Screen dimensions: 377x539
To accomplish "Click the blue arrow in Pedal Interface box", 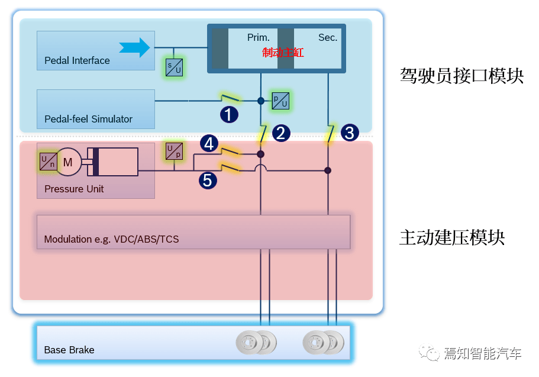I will tap(134, 47).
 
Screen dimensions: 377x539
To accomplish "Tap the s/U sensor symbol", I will tap(173, 67).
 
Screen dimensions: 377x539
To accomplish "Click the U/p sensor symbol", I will tap(174, 151).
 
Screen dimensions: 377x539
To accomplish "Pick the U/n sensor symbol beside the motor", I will tap(48, 161).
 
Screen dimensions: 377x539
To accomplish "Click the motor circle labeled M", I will tap(68, 162).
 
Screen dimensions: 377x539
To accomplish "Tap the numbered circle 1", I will tap(229, 114).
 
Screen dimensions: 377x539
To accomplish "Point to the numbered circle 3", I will tap(350, 133).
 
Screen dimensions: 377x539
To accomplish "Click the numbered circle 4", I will tap(209, 143).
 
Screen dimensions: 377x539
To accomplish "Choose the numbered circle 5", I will tap(207, 180).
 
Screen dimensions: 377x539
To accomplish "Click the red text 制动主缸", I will tap(283, 53).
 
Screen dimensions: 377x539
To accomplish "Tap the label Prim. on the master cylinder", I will tap(258, 37).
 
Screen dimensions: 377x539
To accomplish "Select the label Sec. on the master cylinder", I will tap(327, 37).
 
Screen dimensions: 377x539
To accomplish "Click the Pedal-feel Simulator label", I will tap(88, 119).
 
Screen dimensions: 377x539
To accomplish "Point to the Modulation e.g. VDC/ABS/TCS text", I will tap(111, 240).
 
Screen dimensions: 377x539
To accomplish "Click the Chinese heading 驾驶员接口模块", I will tap(461, 76).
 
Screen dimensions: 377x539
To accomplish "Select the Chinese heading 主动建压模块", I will tap(452, 237).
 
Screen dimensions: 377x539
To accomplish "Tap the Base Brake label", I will tap(69, 350).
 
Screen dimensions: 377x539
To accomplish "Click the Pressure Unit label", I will tap(74, 189).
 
